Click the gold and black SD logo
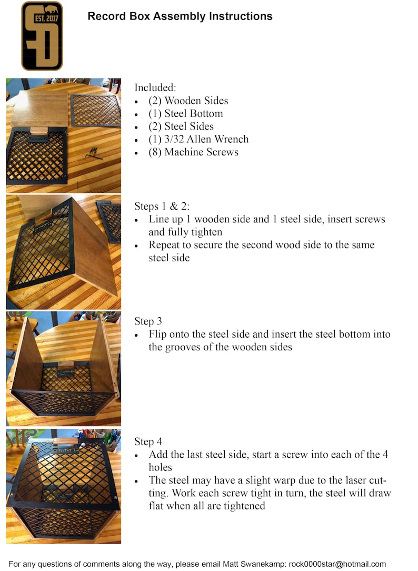pos(42,36)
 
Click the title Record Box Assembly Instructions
pos(180,16)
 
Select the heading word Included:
pos(155,87)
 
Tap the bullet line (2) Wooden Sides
pos(188,101)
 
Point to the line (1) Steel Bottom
pos(185,113)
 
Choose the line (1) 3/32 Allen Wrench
pos(198,139)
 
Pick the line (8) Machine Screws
pos(193,152)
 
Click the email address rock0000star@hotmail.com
pos(337,564)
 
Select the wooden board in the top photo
pos(39,109)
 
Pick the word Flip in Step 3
pos(158,334)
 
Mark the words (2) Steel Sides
pos(181,126)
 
